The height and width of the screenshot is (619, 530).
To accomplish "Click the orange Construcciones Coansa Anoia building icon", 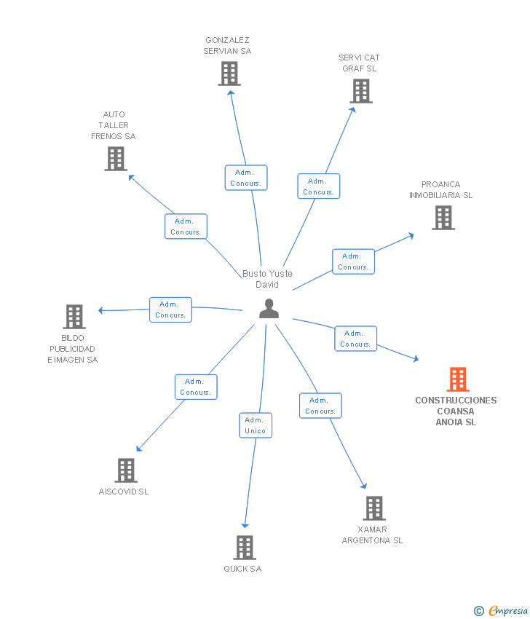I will pyautogui.click(x=457, y=379).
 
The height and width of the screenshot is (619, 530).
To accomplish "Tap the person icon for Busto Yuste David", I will pyautogui.click(x=269, y=309).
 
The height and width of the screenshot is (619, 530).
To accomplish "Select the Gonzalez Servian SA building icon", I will pyautogui.click(x=229, y=74).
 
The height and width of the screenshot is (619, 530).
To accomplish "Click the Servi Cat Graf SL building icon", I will pyautogui.click(x=360, y=91).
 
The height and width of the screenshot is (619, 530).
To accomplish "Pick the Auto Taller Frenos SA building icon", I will pyautogui.click(x=115, y=159).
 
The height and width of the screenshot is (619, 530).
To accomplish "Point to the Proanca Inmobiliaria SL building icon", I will pyautogui.click(x=443, y=218).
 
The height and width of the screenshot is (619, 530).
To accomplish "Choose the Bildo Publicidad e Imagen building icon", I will pyautogui.click(x=74, y=317).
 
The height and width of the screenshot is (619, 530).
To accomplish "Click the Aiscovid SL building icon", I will pyautogui.click(x=125, y=470).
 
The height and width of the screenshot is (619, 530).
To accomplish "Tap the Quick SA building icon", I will pyautogui.click(x=245, y=548).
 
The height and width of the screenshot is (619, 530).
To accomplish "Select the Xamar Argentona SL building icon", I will pyautogui.click(x=373, y=508).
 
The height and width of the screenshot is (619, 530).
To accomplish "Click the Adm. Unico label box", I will pyautogui.click(x=256, y=425).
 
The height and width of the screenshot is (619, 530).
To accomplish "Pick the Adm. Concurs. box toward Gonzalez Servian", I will pyautogui.click(x=246, y=178).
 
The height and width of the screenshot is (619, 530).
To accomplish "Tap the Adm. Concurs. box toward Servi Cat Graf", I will pyautogui.click(x=318, y=186).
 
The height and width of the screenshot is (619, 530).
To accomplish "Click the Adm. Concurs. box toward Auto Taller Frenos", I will pyautogui.click(x=186, y=226).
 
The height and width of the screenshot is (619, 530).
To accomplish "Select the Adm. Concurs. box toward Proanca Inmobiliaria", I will pyautogui.click(x=353, y=261).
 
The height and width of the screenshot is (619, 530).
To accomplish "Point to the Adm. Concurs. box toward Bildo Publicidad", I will pyautogui.click(x=170, y=309).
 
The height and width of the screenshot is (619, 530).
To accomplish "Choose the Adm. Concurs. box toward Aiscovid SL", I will pyautogui.click(x=196, y=387).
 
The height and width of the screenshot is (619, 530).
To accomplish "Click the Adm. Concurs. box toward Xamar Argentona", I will pyautogui.click(x=320, y=406).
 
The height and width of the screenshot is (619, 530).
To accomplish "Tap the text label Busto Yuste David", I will pyautogui.click(x=267, y=279).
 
